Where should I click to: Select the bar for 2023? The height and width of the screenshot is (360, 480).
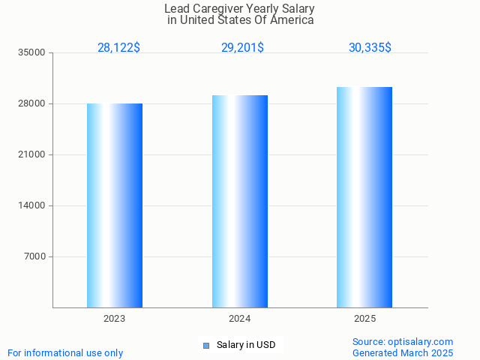(115, 205)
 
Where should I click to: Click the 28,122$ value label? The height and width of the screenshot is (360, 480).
(118, 48)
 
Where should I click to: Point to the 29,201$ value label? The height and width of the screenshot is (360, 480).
(242, 48)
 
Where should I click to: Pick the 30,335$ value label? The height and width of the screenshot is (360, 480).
(370, 48)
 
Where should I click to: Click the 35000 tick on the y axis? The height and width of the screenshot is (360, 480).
(33, 53)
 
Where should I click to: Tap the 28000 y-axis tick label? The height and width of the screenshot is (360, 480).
(33, 104)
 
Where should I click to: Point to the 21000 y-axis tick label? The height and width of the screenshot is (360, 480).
(33, 155)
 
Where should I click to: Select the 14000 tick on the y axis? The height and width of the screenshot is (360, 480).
(33, 206)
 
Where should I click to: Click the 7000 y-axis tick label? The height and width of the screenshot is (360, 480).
(35, 257)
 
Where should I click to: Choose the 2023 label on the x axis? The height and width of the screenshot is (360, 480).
(115, 319)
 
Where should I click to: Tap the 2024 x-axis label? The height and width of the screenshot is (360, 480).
(240, 319)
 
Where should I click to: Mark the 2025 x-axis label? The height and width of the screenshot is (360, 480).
(364, 319)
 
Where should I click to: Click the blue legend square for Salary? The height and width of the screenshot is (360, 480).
(206, 346)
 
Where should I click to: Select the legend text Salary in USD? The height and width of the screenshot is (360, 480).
(246, 346)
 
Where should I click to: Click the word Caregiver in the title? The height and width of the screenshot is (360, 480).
(218, 9)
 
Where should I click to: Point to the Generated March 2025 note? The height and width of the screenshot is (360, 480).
(403, 353)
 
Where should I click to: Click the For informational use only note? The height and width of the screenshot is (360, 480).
(65, 353)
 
